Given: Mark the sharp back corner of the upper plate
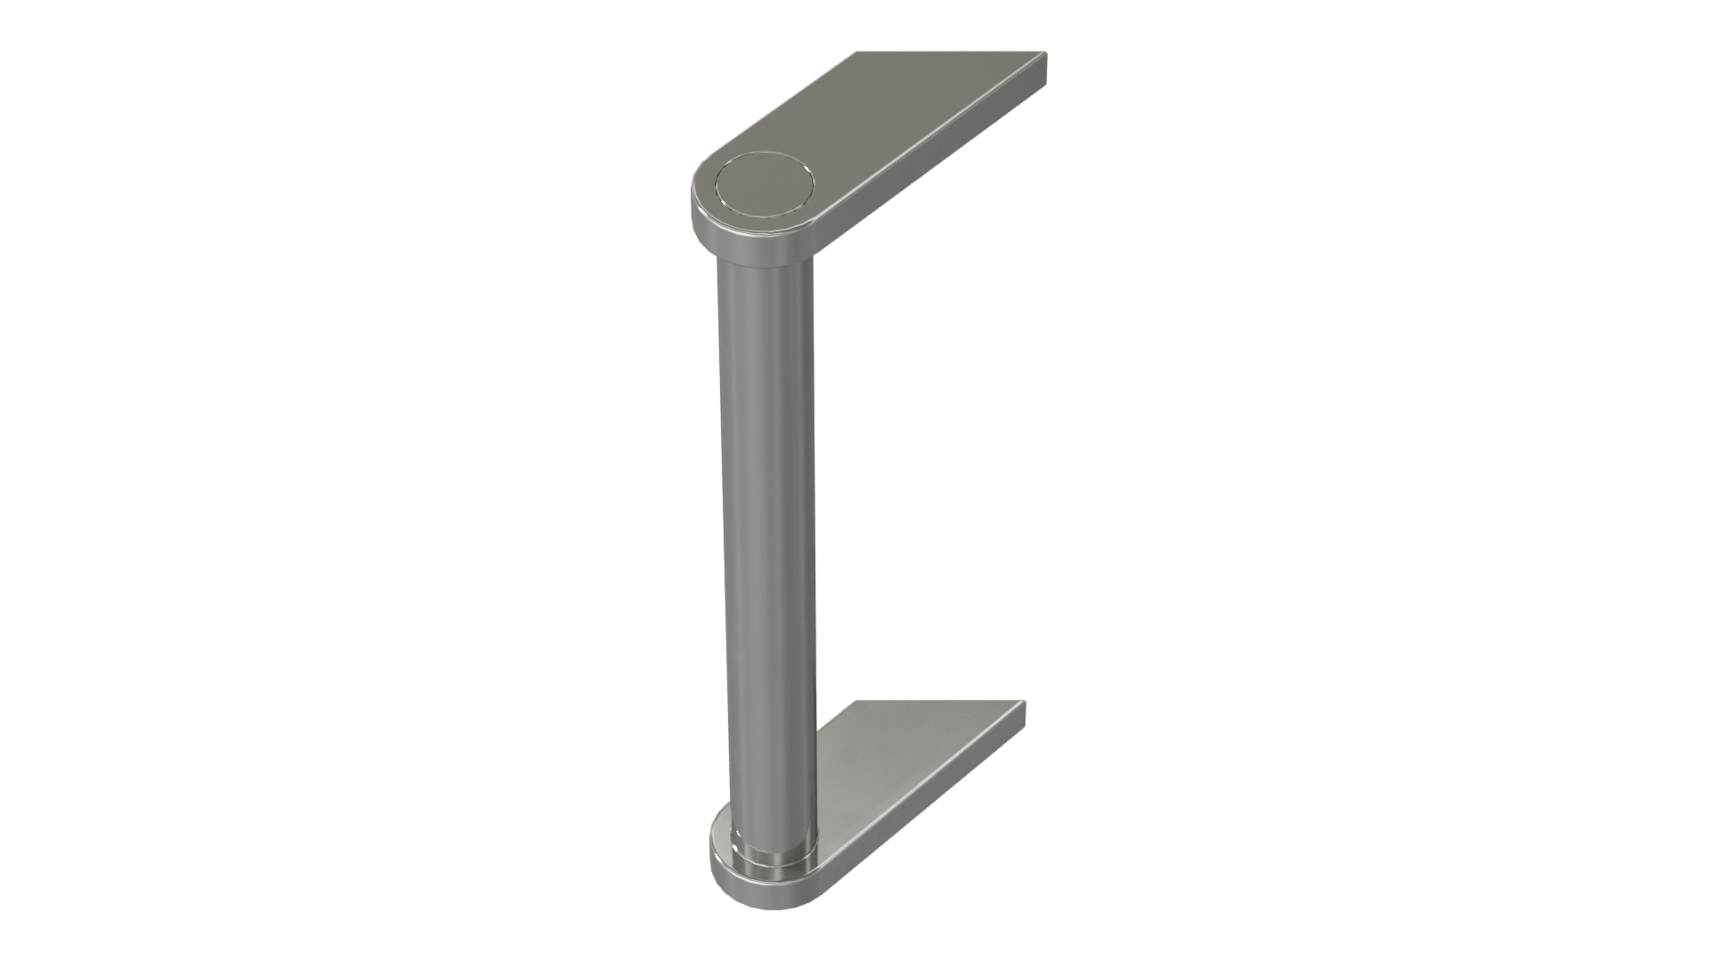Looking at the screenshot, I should point(857,52).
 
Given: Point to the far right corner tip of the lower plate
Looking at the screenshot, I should point(1025,703).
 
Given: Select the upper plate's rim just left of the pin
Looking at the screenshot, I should point(704,191).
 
